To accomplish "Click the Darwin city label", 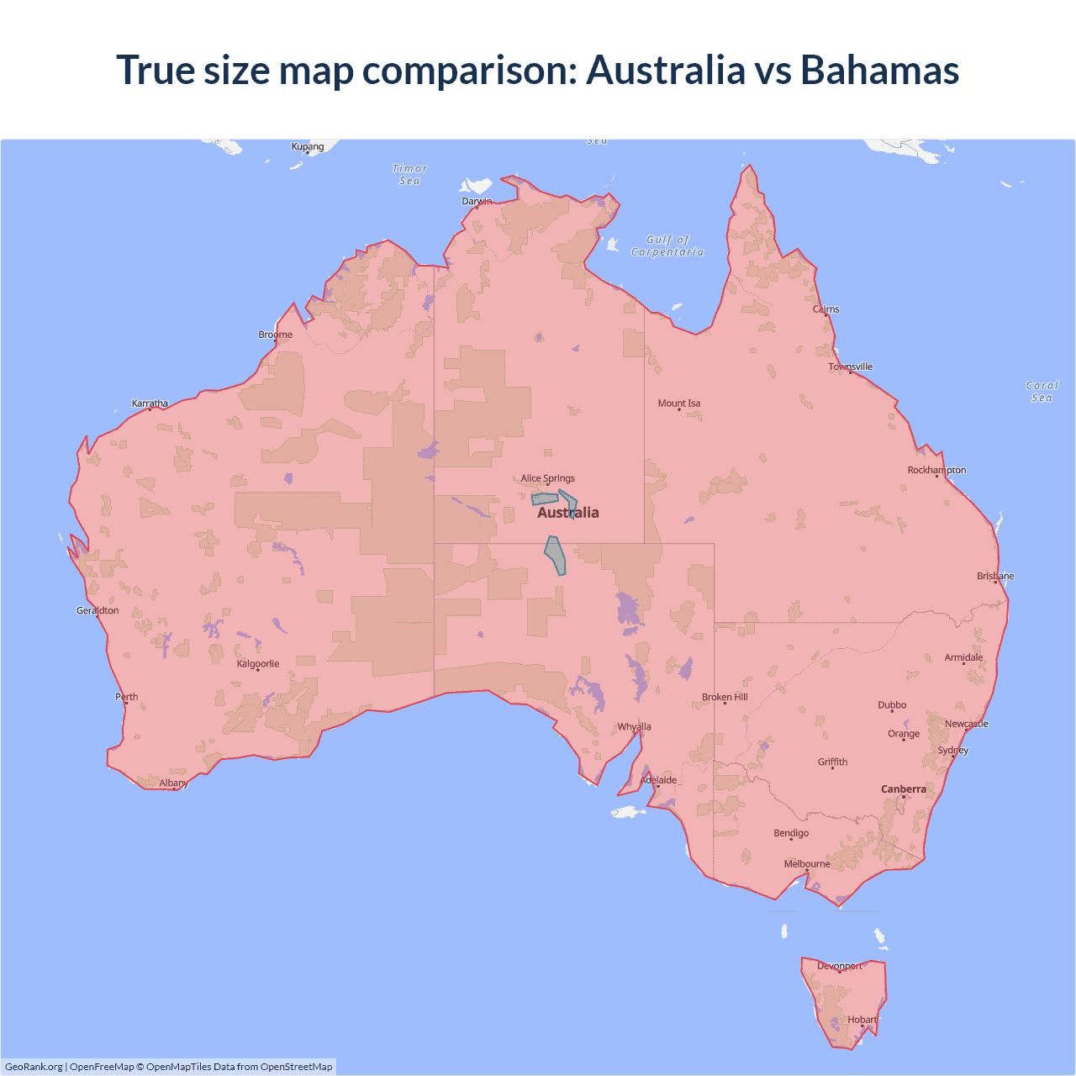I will coord(477,201).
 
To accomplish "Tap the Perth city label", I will coord(127,697).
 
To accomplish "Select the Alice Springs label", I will coord(547,478).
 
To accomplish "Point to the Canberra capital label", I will coord(904,789).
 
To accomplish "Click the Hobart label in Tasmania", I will coord(862,1020).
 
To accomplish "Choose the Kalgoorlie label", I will coord(258,664).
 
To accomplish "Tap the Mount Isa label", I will coord(679,403).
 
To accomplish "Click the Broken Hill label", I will coord(725,697).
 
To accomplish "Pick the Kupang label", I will coord(308,146).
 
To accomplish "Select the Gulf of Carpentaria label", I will coord(667,245).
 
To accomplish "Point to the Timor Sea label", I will coord(410,174).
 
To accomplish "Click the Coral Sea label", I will coord(1042,392).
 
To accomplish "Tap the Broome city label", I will coord(276,335).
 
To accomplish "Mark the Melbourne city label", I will coord(807,864).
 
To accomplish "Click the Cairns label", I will coord(826,309).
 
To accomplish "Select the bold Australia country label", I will coord(568,513).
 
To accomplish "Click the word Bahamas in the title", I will coord(879,70).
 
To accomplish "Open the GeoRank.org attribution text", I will coord(34,1067).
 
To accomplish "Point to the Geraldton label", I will coord(98,610).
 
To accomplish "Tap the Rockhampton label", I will coord(936,470).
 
